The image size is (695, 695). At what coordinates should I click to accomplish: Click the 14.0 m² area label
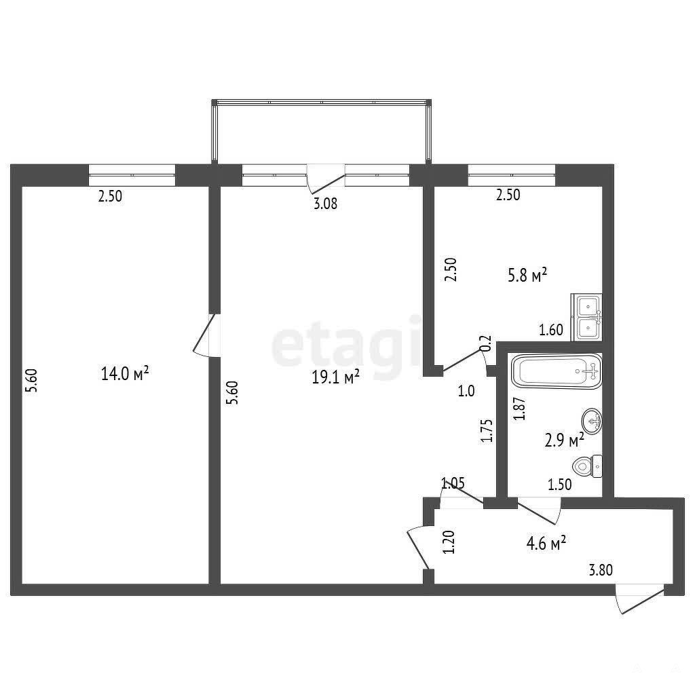click(125, 373)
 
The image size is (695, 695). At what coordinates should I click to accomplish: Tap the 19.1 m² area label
click(335, 377)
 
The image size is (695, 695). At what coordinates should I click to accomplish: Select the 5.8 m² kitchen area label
click(527, 276)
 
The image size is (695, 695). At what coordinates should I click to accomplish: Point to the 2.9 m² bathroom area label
click(564, 440)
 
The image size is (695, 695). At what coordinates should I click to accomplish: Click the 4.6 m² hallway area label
click(546, 543)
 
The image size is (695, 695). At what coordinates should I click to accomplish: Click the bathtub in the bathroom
click(557, 371)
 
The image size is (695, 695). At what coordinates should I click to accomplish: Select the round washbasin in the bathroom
click(592, 421)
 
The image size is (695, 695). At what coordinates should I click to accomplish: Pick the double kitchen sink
click(586, 317)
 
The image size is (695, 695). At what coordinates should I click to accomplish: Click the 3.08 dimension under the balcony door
click(325, 204)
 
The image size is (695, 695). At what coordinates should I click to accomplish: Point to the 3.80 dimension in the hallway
click(601, 569)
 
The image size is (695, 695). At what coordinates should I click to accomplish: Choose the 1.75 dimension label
click(487, 431)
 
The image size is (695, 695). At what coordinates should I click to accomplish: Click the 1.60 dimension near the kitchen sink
click(551, 330)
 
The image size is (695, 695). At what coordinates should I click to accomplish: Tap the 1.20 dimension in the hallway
click(449, 542)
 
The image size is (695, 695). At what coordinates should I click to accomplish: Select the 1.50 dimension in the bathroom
click(560, 485)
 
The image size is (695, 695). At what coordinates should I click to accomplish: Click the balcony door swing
click(326, 179)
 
